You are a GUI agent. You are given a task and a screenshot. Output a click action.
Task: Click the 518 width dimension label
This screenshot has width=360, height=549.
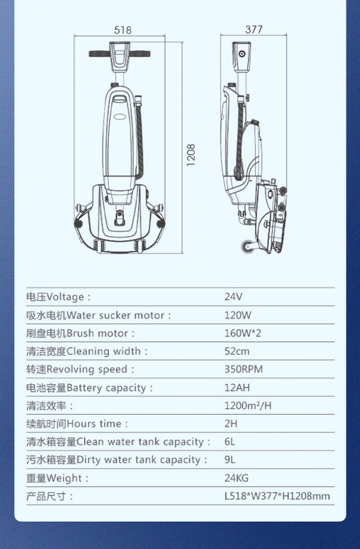[123, 30]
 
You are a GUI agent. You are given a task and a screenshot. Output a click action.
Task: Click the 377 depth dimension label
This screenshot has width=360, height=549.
[254, 29]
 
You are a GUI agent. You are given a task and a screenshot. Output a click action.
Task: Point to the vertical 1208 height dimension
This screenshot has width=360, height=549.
[191, 155]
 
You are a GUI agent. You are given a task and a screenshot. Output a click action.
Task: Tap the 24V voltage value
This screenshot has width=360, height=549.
[233, 297]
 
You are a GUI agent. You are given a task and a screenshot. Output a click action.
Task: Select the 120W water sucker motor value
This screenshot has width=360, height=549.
[238, 315]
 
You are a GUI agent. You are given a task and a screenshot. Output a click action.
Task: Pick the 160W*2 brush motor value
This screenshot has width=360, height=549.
[243, 333]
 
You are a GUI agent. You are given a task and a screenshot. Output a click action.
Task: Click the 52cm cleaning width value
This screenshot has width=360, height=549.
[237, 351]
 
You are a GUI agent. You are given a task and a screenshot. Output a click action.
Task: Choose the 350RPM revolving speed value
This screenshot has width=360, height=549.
[244, 369]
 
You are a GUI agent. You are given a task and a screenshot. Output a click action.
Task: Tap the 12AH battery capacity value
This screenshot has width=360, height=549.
[237, 388]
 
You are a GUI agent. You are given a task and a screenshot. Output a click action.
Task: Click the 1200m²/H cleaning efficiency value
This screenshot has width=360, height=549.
[248, 406]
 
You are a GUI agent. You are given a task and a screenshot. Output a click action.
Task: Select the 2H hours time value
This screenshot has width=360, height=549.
[231, 424]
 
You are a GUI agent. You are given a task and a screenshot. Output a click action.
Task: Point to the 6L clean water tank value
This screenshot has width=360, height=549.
[230, 441]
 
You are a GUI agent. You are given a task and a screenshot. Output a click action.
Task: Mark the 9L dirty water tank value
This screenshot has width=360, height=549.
[230, 459]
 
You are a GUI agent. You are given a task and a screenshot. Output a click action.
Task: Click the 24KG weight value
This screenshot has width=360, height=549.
[236, 478]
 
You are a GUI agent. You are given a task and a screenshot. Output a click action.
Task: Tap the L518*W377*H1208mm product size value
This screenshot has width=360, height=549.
[277, 496]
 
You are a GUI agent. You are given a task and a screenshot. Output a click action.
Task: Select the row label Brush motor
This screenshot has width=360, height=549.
[97, 334]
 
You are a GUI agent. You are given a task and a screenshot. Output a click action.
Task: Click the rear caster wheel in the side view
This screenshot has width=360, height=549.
[247, 246]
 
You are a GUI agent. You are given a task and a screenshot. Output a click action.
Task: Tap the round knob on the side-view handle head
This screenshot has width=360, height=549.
[242, 54]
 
